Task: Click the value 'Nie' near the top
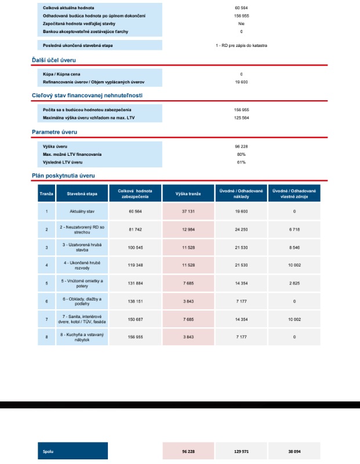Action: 241,24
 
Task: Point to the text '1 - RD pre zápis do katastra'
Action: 241,45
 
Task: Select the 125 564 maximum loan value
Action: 241,118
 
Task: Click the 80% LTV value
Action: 241,154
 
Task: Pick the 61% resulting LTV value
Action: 241,162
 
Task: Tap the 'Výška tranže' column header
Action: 188,193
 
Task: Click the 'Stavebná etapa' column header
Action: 82,193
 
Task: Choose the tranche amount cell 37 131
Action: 188,211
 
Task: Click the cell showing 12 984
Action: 188,229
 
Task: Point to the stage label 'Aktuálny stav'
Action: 82,211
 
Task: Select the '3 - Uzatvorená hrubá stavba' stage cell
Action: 82,247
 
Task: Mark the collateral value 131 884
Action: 135,283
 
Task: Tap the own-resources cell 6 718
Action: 294,229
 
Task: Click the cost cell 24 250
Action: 241,229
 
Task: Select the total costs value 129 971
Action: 241,451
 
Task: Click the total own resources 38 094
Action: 294,451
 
